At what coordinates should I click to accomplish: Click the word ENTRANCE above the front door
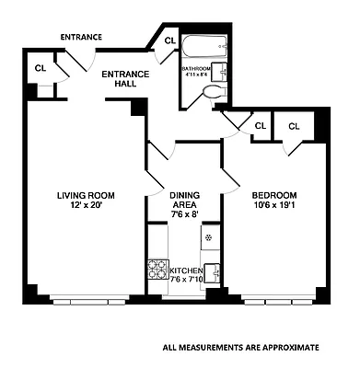[81, 37]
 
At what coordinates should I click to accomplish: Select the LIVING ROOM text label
[85, 195]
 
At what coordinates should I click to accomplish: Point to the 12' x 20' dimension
[85, 205]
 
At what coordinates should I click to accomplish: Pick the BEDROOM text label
[274, 195]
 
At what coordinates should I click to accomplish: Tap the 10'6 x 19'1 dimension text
[274, 205]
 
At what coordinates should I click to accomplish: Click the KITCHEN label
[188, 270]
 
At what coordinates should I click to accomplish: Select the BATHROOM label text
[196, 68]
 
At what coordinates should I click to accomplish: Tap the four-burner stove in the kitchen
[156, 270]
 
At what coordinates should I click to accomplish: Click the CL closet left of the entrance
[41, 68]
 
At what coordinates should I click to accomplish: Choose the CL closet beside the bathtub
[169, 41]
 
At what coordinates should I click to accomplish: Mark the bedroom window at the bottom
[276, 300]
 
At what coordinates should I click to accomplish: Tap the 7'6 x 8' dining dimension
[183, 213]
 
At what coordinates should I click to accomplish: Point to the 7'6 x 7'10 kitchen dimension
[193, 280]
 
